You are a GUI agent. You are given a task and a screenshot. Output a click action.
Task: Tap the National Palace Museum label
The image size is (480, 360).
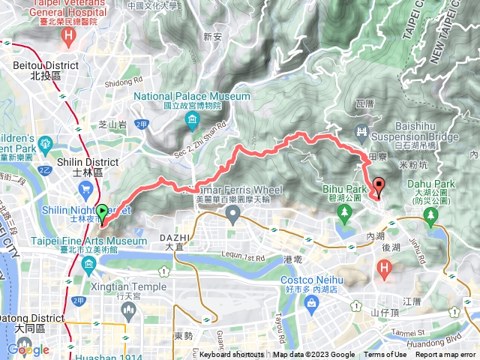(x=192, y=97)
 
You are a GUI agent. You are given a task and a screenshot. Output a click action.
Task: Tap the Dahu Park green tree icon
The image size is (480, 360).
(x=430, y=217)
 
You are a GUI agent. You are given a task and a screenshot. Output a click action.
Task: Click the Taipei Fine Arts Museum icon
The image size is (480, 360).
(x=88, y=264)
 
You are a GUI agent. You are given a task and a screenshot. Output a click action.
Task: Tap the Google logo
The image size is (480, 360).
(x=28, y=349)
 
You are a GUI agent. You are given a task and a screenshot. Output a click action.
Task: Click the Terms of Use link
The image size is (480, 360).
(x=385, y=355)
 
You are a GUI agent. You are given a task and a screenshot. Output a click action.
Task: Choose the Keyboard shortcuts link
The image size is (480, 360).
(x=232, y=355)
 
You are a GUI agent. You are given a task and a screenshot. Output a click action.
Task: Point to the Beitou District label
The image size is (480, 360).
(x=46, y=66)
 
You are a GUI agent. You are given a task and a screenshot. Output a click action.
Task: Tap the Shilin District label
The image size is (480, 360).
(x=88, y=162)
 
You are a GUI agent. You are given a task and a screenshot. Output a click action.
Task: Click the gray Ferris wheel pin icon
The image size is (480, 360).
(x=232, y=217)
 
